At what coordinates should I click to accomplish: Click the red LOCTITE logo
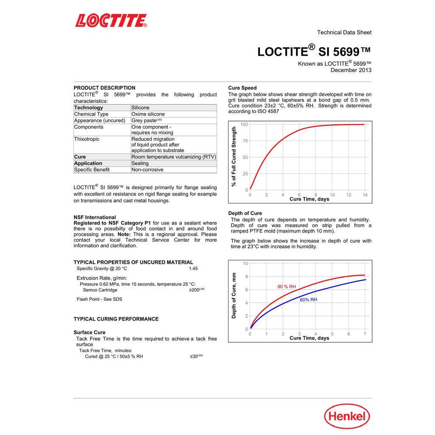pyautogui.click(x=111, y=20)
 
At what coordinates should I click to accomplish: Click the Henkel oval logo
pyautogui.click(x=347, y=416)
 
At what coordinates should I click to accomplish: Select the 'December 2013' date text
pyautogui.click(x=351, y=70)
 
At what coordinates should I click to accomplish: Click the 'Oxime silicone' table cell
pyautogui.click(x=148, y=114)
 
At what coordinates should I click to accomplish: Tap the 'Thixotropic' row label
pyautogui.click(x=89, y=139)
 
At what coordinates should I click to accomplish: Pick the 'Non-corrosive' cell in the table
pyautogui.click(x=147, y=169)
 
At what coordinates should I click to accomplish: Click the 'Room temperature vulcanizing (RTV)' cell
pyautogui.click(x=174, y=157)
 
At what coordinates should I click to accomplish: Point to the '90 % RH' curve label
pyautogui.click(x=287, y=287)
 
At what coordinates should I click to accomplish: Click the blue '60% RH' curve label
pyautogui.click(x=308, y=299)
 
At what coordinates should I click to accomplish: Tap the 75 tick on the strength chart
pyautogui.click(x=245, y=141)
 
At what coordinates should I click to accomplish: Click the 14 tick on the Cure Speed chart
pyautogui.click(x=365, y=195)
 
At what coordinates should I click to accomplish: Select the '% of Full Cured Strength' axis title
pyautogui.click(x=234, y=157)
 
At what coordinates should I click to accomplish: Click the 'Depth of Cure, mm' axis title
pyautogui.click(x=234, y=296)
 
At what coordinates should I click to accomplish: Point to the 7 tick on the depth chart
pyautogui.click(x=365, y=334)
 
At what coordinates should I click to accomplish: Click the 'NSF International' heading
pyautogui.click(x=95, y=217)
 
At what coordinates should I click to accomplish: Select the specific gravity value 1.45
pyautogui.click(x=193, y=268)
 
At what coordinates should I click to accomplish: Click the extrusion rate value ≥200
pyautogui.click(x=195, y=290)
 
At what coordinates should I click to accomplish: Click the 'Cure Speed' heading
pyautogui.click(x=243, y=88)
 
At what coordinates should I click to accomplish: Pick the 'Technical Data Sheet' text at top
pyautogui.click(x=344, y=32)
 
